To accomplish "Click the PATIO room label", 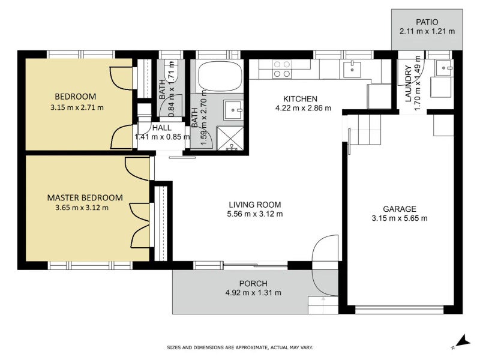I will [427, 22].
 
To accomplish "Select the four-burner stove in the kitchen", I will [282, 69].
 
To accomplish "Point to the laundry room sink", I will [445, 68].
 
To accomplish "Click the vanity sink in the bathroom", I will [232, 110].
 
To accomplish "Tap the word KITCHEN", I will [300, 99].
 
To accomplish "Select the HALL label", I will [161, 127].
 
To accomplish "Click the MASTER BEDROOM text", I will [85, 197].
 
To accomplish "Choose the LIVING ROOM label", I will [254, 205].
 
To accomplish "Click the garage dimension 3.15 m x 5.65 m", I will [400, 218].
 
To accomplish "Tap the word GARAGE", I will [400, 209].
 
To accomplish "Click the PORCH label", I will [253, 283].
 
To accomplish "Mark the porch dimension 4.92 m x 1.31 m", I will [253, 293].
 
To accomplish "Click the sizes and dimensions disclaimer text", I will [239, 347].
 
